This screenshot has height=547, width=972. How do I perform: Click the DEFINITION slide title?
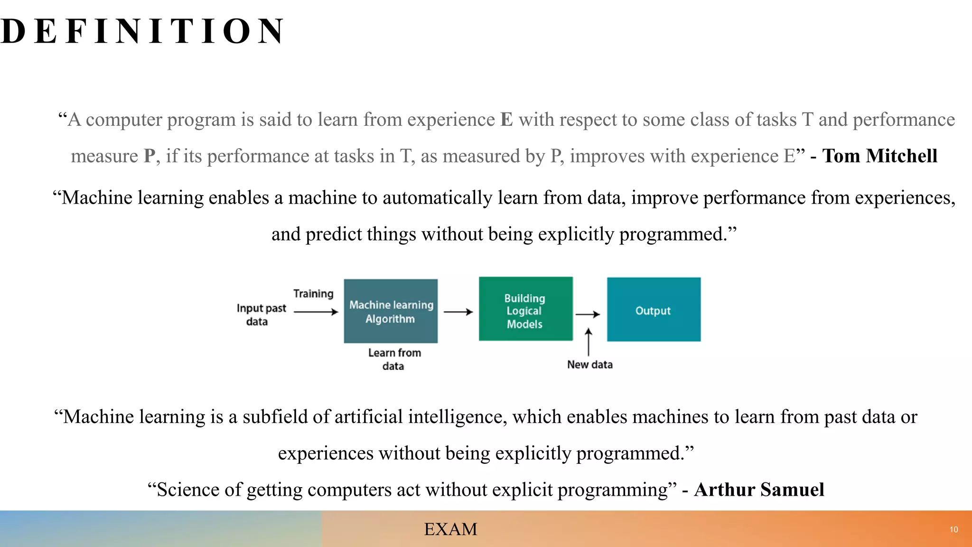tap(142, 31)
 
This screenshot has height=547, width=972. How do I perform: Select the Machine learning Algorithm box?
tap(391, 311)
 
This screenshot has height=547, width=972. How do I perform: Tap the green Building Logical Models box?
tap(525, 309)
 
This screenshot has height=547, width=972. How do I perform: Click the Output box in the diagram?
tap(654, 310)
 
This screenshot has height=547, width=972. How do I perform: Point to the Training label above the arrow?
tap(313, 293)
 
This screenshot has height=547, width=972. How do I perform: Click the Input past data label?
tap(261, 314)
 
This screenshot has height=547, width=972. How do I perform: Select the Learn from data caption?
tap(394, 359)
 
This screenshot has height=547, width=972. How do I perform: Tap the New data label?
tap(589, 365)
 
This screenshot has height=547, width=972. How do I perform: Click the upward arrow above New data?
tap(589, 342)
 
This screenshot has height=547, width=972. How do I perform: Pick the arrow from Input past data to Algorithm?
tap(316, 312)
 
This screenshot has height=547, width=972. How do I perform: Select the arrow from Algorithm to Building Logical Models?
tap(458, 312)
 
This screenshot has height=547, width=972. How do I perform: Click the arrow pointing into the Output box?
tap(588, 314)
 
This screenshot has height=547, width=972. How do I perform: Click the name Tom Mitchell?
tap(879, 156)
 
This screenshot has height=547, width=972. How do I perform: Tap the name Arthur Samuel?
tap(759, 490)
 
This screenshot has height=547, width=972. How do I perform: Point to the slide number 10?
tap(953, 529)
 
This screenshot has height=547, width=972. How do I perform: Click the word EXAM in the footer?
tap(450, 529)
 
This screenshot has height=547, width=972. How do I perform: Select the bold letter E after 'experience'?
tap(506, 120)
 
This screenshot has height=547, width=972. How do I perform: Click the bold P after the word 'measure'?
tap(150, 156)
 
